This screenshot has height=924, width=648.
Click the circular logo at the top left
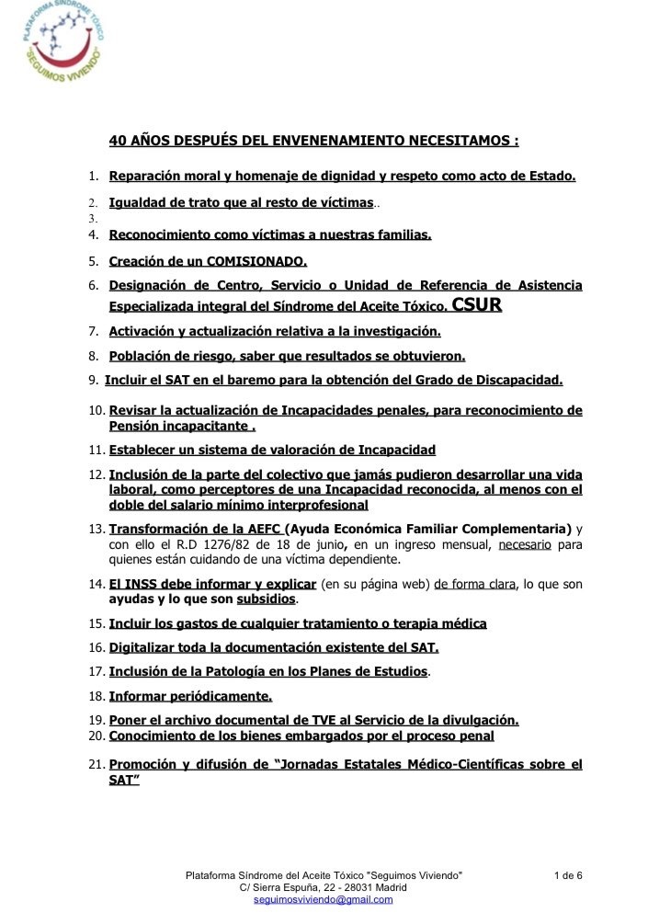pos(62,43)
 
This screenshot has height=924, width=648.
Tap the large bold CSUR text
pos(477,305)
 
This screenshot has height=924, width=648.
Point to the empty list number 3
pos(93,220)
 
